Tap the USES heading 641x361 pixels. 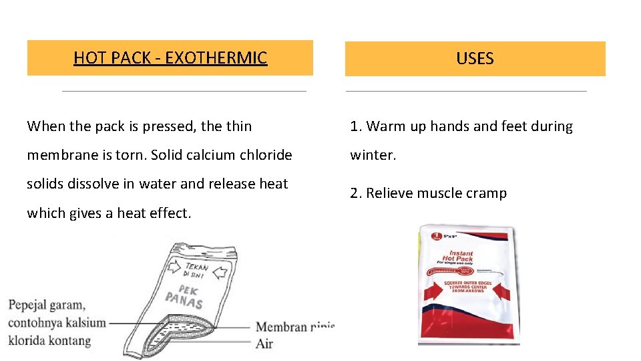click(x=475, y=59)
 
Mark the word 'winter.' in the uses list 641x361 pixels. click(x=373, y=155)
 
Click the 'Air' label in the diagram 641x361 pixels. click(x=265, y=344)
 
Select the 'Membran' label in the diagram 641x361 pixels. click(x=280, y=327)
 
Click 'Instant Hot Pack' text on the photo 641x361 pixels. click(x=461, y=257)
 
